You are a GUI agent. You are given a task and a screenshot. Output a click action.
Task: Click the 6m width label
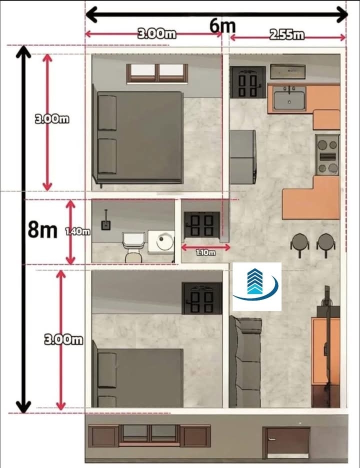[222, 25]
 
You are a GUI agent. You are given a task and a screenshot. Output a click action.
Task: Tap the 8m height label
[42, 230]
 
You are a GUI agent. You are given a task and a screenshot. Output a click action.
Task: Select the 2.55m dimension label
[286, 35]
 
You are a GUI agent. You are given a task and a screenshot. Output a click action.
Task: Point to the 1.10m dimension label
[205, 252]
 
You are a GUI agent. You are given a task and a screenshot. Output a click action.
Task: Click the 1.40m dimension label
[77, 231]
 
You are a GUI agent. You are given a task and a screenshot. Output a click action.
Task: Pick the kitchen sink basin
[289, 100]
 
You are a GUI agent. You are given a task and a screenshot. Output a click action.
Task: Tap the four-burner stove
[327, 154]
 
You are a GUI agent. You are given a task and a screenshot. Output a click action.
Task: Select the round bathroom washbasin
[164, 241]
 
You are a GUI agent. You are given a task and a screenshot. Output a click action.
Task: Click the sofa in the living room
[245, 362]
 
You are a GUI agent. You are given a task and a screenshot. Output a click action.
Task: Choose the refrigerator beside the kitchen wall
[242, 157]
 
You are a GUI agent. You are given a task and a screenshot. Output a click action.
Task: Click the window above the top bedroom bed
[157, 73]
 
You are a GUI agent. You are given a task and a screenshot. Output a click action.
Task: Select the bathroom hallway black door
[202, 224]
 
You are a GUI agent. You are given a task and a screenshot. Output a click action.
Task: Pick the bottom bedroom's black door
[202, 298]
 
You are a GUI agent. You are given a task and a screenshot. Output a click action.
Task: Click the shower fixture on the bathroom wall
[105, 221]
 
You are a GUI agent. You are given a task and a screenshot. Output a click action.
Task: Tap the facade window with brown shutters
[149, 436]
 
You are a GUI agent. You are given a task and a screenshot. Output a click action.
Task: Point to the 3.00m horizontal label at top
[156, 33]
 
